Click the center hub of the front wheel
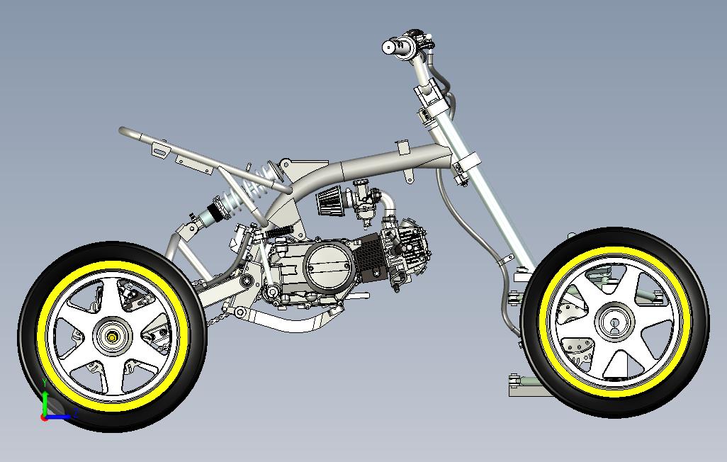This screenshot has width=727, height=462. click(x=614, y=322)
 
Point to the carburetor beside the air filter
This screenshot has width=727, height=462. click(x=366, y=201)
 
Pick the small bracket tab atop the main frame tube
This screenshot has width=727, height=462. click(x=402, y=147)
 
